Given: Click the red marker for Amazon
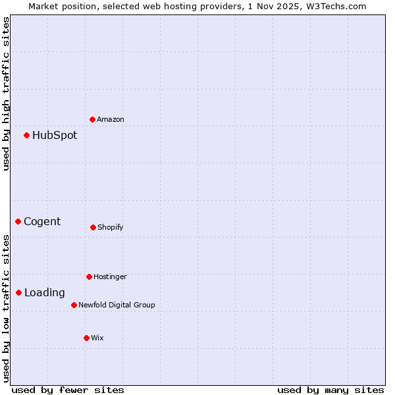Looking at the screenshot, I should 93,119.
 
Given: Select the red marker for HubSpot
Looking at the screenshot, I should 27,135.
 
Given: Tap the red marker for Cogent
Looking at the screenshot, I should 18,221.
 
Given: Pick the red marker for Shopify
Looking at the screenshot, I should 93,227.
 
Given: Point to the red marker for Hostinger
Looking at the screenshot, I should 89,276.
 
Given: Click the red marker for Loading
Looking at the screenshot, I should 19,292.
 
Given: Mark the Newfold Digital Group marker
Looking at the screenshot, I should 74,305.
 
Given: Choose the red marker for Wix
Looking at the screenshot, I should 86,338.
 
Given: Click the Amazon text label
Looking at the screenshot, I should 111,119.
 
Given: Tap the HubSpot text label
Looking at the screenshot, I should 55,135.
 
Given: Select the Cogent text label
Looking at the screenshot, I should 42,221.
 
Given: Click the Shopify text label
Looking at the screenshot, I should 111,227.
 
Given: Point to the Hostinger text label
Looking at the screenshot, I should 110,276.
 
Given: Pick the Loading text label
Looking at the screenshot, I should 45,292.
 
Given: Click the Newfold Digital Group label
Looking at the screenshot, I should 117,305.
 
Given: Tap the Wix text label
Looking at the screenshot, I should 97,338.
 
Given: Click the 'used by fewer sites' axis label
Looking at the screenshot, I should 68,390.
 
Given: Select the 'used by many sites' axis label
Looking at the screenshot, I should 330,390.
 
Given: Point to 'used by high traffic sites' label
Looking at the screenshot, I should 6,93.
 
